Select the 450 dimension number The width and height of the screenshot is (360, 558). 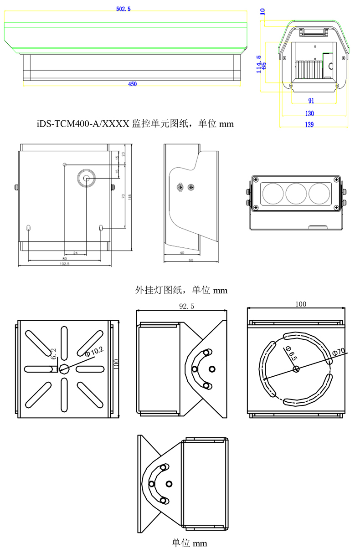click(x=132, y=84)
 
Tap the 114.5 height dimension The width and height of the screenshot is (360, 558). click(x=259, y=64)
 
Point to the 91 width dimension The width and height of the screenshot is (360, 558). click(x=311, y=101)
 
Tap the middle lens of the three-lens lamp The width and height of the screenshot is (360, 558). click(x=296, y=193)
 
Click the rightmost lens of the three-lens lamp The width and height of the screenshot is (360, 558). click(x=319, y=193)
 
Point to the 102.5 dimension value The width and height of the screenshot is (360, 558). click(x=64, y=264)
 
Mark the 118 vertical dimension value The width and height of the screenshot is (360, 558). click(x=129, y=197)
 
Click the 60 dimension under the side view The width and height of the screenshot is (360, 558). click(x=190, y=260)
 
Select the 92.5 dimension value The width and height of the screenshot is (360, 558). click(x=186, y=307)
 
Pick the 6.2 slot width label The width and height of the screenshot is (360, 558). click(x=54, y=354)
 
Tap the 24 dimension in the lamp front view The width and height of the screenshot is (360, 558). click(x=75, y=252)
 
